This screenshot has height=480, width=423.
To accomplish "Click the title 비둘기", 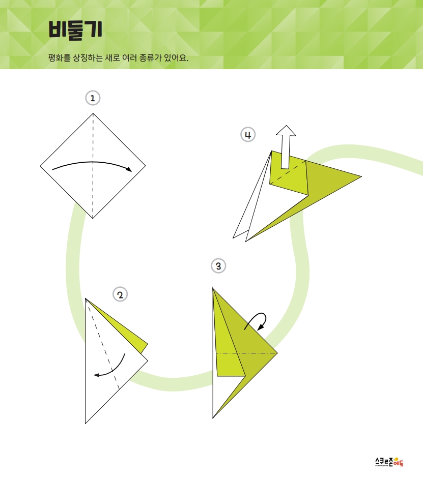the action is coord(75,30).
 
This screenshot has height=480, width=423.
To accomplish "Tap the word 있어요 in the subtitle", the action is coord(176,57).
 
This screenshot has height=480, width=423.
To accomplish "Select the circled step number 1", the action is coord(93,98).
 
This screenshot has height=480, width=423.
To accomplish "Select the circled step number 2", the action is coord(120,294).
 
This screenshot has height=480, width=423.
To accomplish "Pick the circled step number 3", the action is coord(218,266).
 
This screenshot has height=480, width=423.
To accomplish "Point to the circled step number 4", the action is coord(248,134).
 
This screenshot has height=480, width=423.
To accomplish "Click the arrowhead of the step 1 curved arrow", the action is coord(129,169).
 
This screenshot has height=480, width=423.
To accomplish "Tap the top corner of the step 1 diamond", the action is coord(93,113).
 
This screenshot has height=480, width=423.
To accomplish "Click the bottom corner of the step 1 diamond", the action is coord(93,219).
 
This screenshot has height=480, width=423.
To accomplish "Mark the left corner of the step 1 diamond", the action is coord(40,166).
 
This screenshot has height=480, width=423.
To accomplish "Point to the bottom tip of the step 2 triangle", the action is coord(86,424).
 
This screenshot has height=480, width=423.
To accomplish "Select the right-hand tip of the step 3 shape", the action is coord(277,353).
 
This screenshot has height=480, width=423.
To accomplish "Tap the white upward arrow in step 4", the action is coord(286,147).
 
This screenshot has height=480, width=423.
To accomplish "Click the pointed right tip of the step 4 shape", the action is coord(362,176).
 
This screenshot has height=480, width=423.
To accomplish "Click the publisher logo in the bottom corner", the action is coord(389,462).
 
